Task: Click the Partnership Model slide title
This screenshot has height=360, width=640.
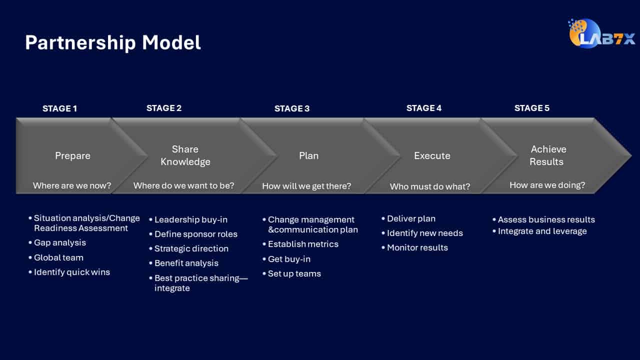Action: (113, 43)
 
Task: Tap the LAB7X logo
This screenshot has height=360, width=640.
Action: (601, 34)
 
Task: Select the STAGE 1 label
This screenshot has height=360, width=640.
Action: (59, 108)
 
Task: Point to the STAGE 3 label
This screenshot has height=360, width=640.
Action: (291, 108)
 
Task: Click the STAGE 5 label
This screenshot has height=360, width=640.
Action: (531, 108)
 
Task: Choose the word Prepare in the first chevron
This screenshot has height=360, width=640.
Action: (72, 155)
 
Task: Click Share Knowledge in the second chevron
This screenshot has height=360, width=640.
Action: (185, 155)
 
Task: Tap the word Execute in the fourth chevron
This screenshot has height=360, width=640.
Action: (432, 155)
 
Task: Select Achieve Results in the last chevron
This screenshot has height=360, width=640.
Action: (548, 155)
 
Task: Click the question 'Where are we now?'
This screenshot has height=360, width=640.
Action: (72, 185)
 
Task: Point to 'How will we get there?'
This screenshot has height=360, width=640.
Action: (306, 186)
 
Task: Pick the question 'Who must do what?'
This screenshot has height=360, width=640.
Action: (430, 186)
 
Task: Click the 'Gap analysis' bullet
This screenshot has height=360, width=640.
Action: (59, 242)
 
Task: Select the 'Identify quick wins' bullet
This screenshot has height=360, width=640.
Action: (71, 272)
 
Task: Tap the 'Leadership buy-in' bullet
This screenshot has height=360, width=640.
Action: (190, 219)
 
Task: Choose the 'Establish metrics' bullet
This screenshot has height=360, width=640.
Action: (303, 244)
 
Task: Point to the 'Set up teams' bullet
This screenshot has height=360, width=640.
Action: (294, 273)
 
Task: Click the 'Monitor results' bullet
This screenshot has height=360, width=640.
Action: (417, 247)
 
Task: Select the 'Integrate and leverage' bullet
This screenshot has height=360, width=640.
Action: (542, 231)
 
